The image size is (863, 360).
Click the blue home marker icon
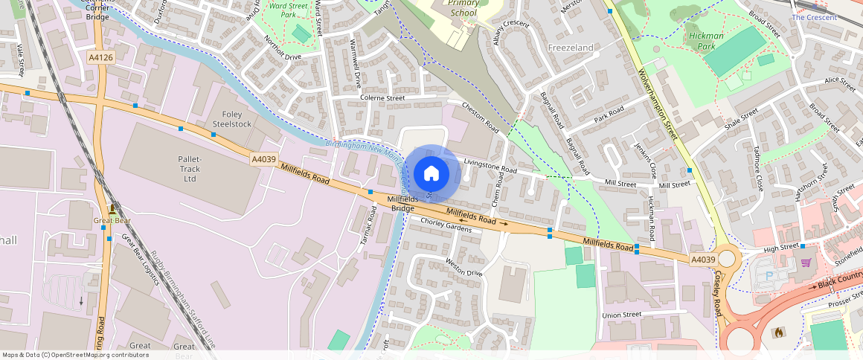[x=431, y=174]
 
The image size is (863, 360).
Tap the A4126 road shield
[x=100, y=57]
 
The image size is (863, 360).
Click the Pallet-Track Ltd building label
[x=190, y=169]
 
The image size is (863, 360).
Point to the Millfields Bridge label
[x=403, y=204]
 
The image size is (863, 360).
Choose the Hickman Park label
[x=706, y=40]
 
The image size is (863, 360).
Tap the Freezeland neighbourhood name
[x=571, y=48]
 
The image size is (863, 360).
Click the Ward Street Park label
[x=289, y=10]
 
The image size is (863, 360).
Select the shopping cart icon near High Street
[x=806, y=262]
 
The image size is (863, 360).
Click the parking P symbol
[x=769, y=276]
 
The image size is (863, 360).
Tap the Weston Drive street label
[x=463, y=267]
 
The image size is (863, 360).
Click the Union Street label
[x=621, y=315]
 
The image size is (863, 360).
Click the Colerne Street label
[x=382, y=97]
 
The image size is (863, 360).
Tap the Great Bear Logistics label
[x=141, y=260]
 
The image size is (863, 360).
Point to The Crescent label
[x=814, y=17]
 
